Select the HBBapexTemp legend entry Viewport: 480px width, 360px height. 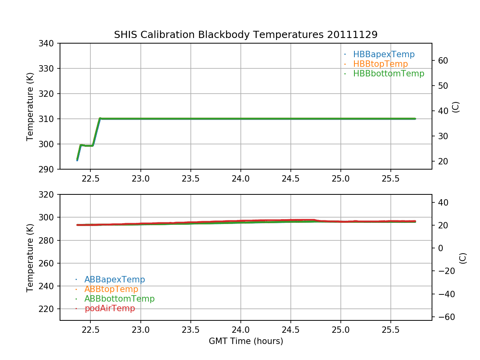pos(384,54)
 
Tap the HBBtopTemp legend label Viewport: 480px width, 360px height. pos(380,64)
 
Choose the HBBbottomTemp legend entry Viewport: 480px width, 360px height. pos(388,74)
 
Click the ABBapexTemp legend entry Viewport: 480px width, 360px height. pos(114,280)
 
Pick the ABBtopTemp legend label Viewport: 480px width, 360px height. pos(111,289)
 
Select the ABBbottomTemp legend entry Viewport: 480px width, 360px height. pos(119,299)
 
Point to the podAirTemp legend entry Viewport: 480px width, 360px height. pos(110,308)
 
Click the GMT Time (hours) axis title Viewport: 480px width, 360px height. pos(246,341)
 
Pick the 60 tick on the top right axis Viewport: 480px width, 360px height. pos(442,61)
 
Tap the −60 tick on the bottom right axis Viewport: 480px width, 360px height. pos(444,317)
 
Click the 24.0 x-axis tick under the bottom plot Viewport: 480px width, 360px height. pos(240,330)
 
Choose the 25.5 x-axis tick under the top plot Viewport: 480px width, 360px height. pos(390,179)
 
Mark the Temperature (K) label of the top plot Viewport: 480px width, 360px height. pos(30,106)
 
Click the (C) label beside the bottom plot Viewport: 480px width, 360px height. pos(463,258)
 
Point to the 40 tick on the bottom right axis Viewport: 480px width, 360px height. pos(442,203)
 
